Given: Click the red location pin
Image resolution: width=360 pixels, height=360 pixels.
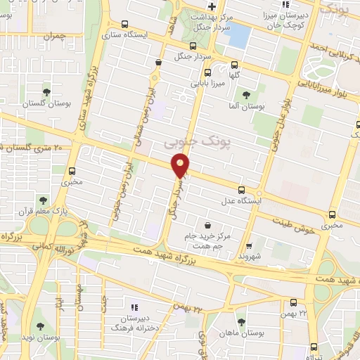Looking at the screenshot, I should tap(181, 166).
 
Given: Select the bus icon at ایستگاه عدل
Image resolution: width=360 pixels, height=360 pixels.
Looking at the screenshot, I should tap(242, 190).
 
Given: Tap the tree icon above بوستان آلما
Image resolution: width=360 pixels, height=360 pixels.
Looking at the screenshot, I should tap(245, 95).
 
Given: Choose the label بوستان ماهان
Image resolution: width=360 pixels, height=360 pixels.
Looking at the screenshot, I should tap(239, 333).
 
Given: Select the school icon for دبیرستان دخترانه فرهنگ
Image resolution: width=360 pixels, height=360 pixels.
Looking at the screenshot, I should tap(134, 307).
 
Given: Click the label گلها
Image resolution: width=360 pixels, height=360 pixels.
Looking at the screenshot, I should tap(237, 72).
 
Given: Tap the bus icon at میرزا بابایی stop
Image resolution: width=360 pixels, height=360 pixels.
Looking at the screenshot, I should tap(207, 72).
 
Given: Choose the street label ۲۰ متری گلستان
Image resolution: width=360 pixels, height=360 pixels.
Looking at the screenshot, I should tap(31, 147).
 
